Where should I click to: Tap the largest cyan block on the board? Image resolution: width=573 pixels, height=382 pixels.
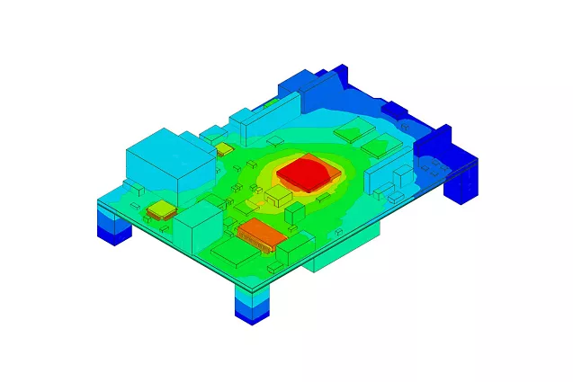point(158,162)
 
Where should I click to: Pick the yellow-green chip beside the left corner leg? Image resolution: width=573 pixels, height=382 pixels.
point(160,209)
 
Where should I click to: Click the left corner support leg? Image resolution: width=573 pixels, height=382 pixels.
point(113,224)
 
